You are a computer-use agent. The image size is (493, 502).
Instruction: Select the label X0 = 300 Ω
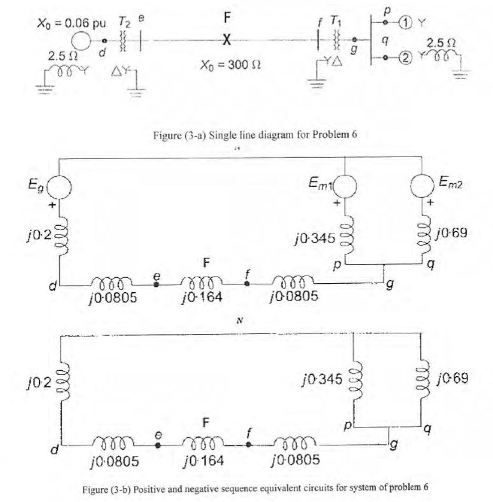[x=226, y=65]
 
